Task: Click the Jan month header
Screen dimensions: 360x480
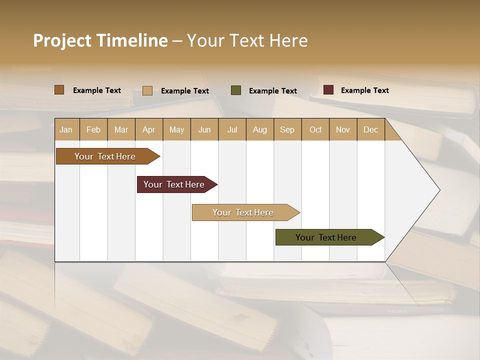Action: pyautogui.click(x=66, y=129)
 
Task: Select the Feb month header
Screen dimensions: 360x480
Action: pyautogui.click(x=93, y=129)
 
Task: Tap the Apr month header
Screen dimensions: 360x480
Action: pyautogui.click(x=149, y=129)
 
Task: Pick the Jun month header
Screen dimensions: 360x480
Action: pyautogui.click(x=204, y=129)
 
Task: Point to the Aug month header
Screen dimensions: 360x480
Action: pyautogui.click(x=260, y=129)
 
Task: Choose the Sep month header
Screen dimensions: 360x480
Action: pyautogui.click(x=287, y=129)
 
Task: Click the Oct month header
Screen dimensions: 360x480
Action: pyautogui.click(x=315, y=129)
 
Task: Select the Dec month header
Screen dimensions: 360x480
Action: pyautogui.click(x=371, y=129)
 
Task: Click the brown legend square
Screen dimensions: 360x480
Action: pyautogui.click(x=59, y=90)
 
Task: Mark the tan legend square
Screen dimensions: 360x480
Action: pyautogui.click(x=147, y=90)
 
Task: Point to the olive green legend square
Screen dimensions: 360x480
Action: pyautogui.click(x=236, y=90)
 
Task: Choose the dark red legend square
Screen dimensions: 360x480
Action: pyautogui.click(x=328, y=90)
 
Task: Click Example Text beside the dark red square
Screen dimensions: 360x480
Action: pyautogui.click(x=364, y=90)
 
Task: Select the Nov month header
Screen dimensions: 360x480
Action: pyautogui.click(x=343, y=129)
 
